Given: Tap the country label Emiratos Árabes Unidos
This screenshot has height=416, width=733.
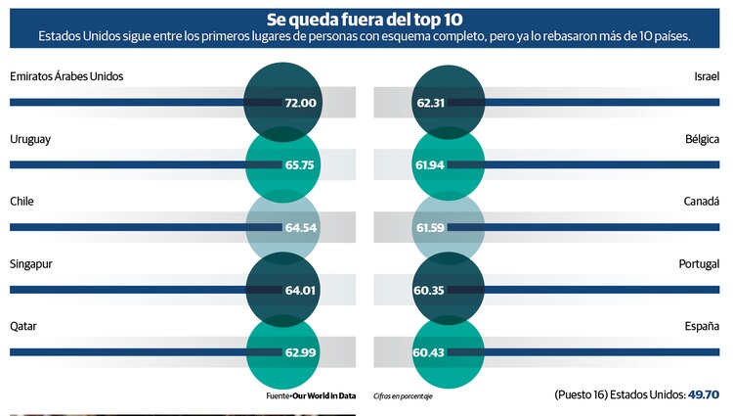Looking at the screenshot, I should [65, 77].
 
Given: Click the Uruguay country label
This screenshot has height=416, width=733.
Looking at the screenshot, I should [30, 139].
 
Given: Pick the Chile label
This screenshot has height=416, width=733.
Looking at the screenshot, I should [22, 201].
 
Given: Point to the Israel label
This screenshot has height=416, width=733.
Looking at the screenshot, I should [706, 77].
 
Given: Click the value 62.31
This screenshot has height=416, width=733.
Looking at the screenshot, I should [431, 103].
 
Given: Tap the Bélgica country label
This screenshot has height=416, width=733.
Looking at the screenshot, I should [701, 139].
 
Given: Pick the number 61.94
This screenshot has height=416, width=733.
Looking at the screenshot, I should [430, 165].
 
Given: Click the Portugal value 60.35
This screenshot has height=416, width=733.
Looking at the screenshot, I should [430, 290].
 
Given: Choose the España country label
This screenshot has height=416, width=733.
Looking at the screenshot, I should [701, 326].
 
